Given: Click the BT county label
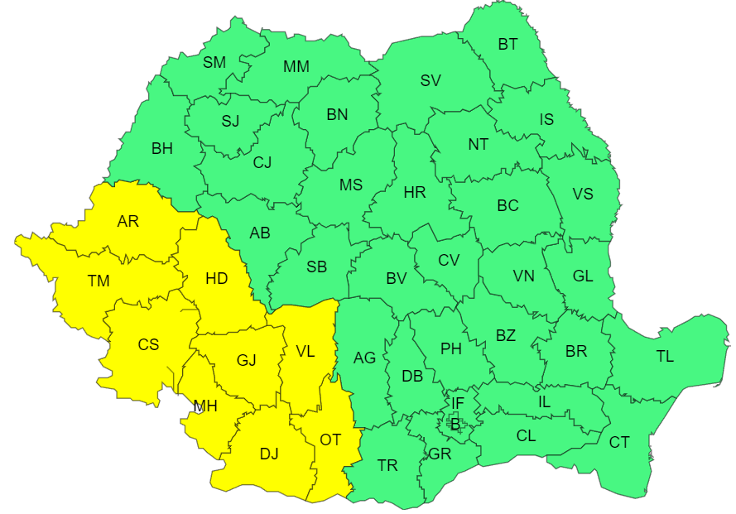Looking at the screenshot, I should [x=508, y=45].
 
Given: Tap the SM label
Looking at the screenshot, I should [x=214, y=62].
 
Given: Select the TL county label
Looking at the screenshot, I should [x=665, y=357].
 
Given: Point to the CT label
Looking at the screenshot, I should [x=619, y=443].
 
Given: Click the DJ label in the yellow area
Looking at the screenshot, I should [x=269, y=454].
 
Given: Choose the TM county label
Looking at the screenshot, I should [x=99, y=281].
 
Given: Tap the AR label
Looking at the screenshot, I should [x=128, y=221].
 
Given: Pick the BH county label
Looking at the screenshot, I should [x=162, y=149].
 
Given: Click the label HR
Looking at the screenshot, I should [x=415, y=193].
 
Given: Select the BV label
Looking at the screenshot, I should [x=397, y=279].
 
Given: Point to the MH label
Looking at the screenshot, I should [x=205, y=406].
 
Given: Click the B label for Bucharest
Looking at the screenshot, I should [x=455, y=425].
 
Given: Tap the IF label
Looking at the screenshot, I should [x=457, y=403].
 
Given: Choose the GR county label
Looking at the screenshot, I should [x=440, y=454].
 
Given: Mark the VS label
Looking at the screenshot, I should [x=583, y=194].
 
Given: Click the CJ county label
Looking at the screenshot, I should [x=262, y=162].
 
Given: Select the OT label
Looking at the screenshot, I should [x=330, y=440].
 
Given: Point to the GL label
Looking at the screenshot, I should [x=583, y=276].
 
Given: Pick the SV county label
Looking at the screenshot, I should [x=431, y=80].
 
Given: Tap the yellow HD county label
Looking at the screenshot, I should [x=216, y=278].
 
